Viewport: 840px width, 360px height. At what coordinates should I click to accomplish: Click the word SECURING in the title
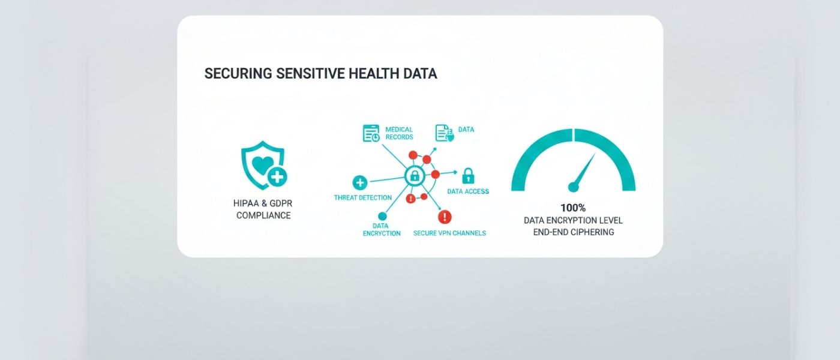238,73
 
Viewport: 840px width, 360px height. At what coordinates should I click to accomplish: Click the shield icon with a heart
263,165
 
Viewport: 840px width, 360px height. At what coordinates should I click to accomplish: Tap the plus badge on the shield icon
277,176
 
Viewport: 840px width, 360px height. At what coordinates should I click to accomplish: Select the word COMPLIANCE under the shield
263,215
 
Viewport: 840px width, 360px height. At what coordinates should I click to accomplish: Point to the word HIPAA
246,203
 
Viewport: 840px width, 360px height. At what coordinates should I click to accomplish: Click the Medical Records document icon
371,133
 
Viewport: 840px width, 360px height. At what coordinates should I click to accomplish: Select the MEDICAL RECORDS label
399,133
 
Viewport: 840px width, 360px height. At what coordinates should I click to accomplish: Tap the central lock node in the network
415,175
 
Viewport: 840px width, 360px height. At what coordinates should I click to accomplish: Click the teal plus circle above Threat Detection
360,182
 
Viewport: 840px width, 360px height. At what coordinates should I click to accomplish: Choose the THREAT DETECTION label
362,197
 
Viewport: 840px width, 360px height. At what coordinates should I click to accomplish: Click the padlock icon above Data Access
468,175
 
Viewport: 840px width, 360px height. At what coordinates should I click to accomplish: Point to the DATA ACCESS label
468,191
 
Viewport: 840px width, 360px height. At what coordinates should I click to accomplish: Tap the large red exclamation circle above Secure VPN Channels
445,217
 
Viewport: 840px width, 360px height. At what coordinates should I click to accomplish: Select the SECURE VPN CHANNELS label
449,233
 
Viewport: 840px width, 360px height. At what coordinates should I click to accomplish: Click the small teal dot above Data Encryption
382,216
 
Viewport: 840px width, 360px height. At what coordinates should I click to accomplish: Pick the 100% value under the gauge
573,208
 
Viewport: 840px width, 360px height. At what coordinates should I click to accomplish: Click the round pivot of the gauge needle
574,187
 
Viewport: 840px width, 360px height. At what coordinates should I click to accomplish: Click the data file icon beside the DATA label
445,133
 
